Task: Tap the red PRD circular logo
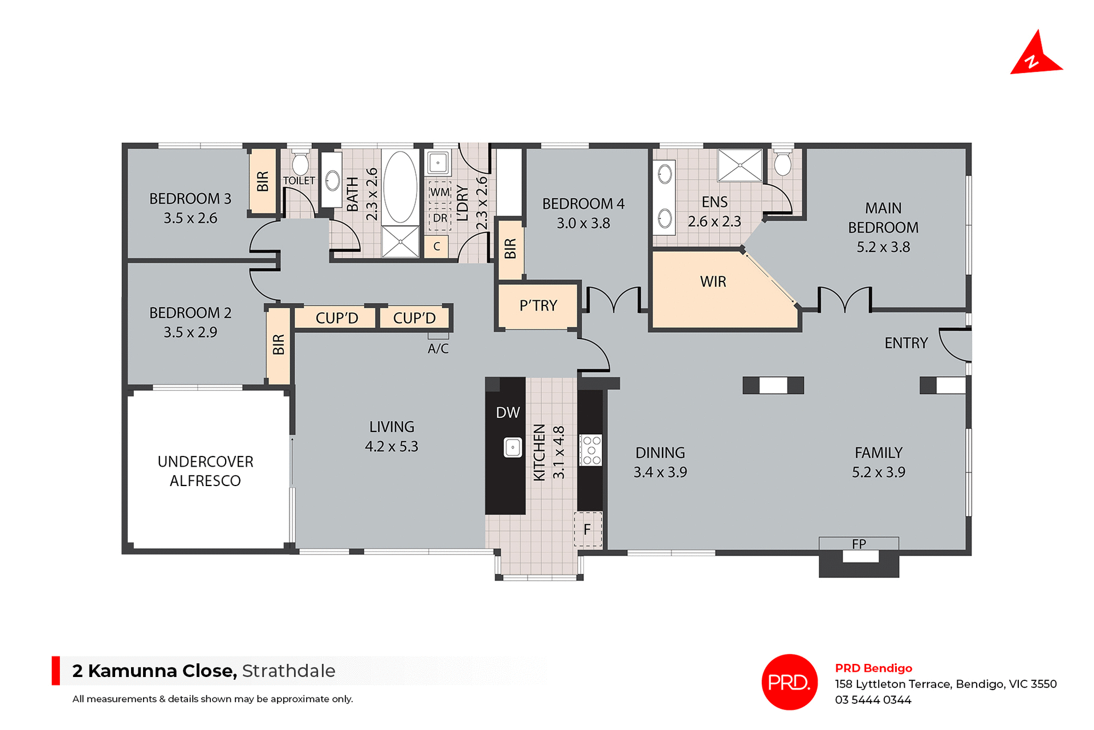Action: pos(789,682)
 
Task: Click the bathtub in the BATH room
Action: pos(400,186)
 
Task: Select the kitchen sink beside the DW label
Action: pos(513,447)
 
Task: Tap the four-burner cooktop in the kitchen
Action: pos(591,450)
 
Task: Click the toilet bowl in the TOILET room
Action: pos(300,164)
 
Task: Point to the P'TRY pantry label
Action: pos(538,306)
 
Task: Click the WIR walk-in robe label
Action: pos(713,282)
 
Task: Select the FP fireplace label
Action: pos(859,544)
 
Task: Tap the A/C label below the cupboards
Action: pos(438,349)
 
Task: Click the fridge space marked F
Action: pos(587,529)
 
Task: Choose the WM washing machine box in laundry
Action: pos(439,192)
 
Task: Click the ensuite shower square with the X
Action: pos(740,165)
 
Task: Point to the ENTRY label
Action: pos(906,343)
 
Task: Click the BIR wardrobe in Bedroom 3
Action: pos(263,181)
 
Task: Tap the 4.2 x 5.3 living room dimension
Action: pos(391,446)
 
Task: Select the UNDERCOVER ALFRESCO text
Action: pos(205,471)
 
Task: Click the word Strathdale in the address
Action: pos(288,671)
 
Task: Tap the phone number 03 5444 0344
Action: pos(873,700)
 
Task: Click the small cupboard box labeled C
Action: pos(436,247)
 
